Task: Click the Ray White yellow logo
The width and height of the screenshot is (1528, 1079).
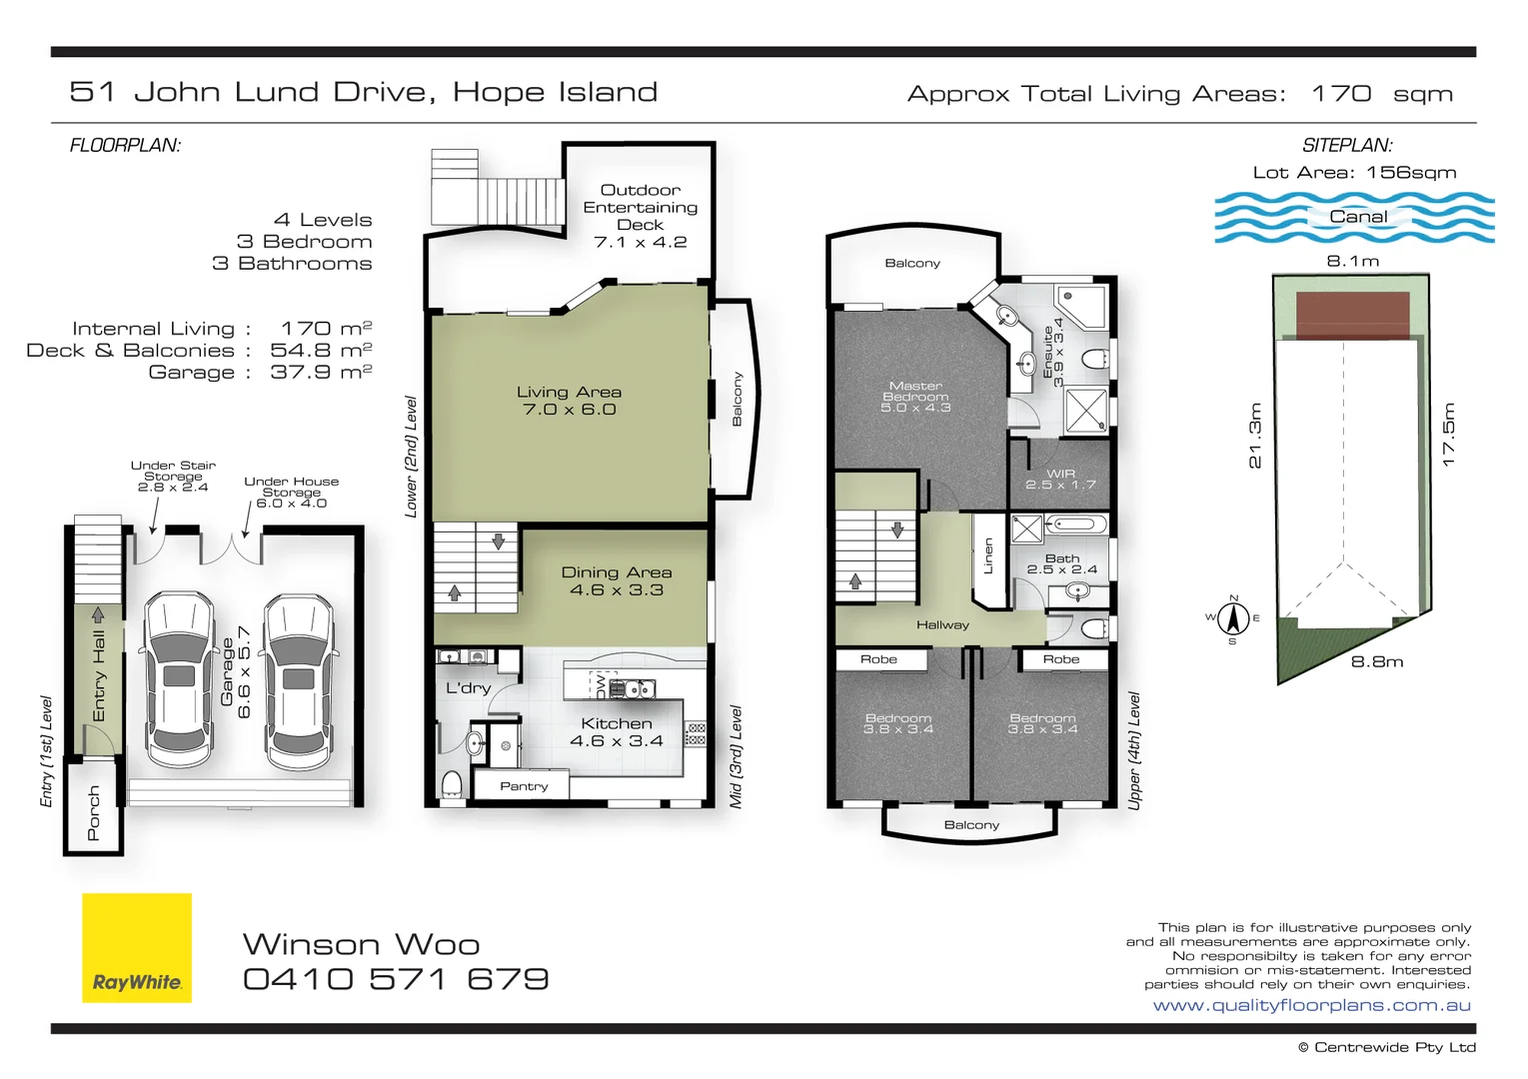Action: [x=136, y=947]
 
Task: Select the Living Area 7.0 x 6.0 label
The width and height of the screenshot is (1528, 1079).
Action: [x=570, y=401]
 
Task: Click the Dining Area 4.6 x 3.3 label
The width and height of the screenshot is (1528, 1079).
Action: [x=616, y=580]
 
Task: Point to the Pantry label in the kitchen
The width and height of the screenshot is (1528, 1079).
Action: [x=524, y=786]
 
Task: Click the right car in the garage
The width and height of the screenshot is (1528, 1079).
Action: [x=298, y=674]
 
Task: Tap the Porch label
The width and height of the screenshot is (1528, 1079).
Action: [x=94, y=812]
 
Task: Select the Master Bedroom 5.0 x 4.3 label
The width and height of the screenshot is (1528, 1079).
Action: [x=915, y=397]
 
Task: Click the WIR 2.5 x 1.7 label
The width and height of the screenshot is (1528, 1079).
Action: [x=1060, y=480]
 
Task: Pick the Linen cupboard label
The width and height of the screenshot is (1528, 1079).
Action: [x=988, y=555]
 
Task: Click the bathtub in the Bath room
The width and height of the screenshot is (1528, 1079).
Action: [x=1075, y=525]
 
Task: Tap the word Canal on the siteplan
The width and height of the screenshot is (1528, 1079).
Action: [x=1357, y=217]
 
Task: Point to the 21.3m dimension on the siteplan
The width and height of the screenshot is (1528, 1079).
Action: [x=1255, y=436]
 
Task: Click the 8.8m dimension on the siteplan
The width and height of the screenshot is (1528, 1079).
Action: [x=1376, y=661]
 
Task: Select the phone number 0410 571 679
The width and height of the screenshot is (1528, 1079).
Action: [x=396, y=979]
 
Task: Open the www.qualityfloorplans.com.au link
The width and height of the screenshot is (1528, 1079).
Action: [x=1311, y=1005]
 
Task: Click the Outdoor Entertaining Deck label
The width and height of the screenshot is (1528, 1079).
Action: [x=641, y=216]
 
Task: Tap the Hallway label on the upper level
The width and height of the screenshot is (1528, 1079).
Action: [x=942, y=625]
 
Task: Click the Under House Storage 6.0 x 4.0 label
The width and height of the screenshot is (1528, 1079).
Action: [x=291, y=493]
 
